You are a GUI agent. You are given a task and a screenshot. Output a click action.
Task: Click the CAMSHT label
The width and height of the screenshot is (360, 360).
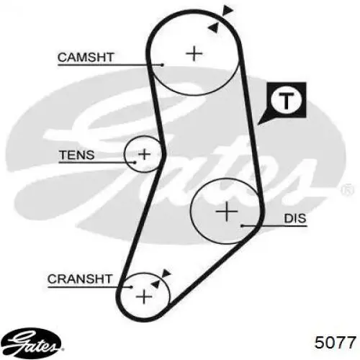[x=86, y=58]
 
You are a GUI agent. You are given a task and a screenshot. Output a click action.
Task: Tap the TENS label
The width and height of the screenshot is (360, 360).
[x=77, y=155]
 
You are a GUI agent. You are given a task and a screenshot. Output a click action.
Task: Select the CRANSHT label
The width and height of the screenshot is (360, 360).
[x=80, y=279]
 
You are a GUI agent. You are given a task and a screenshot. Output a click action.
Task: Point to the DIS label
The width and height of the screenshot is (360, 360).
[x=295, y=218]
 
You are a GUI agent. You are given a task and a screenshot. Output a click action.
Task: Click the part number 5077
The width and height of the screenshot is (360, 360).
[x=335, y=342]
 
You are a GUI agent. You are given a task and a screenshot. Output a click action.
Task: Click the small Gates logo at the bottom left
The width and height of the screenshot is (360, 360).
[x=31, y=343]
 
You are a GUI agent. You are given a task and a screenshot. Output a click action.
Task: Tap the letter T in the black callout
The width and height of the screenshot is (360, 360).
[x=286, y=101]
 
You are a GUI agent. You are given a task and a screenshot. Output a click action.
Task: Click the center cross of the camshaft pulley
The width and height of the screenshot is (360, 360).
[x=194, y=53]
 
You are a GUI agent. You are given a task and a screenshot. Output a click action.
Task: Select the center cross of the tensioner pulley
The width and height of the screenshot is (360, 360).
[x=145, y=154]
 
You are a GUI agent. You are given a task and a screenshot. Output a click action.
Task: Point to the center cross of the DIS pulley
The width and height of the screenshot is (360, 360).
[x=227, y=212]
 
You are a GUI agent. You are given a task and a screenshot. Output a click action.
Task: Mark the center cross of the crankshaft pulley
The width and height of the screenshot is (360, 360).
[x=144, y=297]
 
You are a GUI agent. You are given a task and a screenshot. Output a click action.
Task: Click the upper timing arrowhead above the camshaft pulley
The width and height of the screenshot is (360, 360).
[x=228, y=10]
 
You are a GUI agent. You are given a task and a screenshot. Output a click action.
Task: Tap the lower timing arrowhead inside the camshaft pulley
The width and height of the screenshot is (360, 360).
[x=213, y=27]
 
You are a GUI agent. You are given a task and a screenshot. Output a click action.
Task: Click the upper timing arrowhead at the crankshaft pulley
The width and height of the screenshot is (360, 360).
[x=166, y=274]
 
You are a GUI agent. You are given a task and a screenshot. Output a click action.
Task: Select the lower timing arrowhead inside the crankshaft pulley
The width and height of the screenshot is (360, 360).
[x=156, y=284]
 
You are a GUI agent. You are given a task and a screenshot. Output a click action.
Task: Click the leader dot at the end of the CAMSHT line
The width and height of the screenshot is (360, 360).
[x=163, y=65]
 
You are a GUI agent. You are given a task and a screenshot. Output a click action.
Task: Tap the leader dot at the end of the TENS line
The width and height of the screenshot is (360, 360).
[x=135, y=163]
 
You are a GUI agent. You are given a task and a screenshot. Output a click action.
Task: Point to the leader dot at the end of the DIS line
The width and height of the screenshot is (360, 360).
[x=243, y=225]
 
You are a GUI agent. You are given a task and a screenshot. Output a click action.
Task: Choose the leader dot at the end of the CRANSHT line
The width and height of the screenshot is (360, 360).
[x=132, y=287]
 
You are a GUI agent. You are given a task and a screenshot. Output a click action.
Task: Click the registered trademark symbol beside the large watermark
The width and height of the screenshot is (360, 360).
[x=348, y=189]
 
